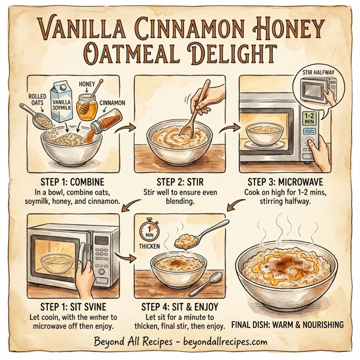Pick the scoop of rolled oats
37,119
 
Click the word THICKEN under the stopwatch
149,246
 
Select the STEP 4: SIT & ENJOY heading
181,306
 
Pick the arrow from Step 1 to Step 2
126,128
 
